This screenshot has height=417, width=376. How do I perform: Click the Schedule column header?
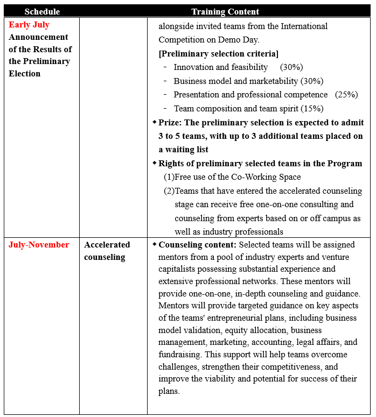(42, 11)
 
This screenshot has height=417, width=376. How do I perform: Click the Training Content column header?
(225, 11)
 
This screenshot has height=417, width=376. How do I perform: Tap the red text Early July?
(29, 25)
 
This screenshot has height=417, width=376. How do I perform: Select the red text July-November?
(39, 245)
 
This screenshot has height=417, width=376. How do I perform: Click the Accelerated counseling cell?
(107, 251)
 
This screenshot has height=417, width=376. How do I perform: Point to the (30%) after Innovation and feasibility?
(291, 67)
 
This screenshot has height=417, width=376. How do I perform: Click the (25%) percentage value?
(346, 95)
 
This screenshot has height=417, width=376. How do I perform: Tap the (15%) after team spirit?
(312, 108)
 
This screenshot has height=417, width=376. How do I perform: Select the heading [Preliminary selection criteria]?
(219, 53)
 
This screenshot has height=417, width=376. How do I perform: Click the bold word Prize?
(171, 123)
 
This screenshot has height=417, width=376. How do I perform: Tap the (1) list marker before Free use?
(169, 177)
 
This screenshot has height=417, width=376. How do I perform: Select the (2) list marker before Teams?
(169, 191)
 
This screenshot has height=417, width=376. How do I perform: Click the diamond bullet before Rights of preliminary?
(155, 163)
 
